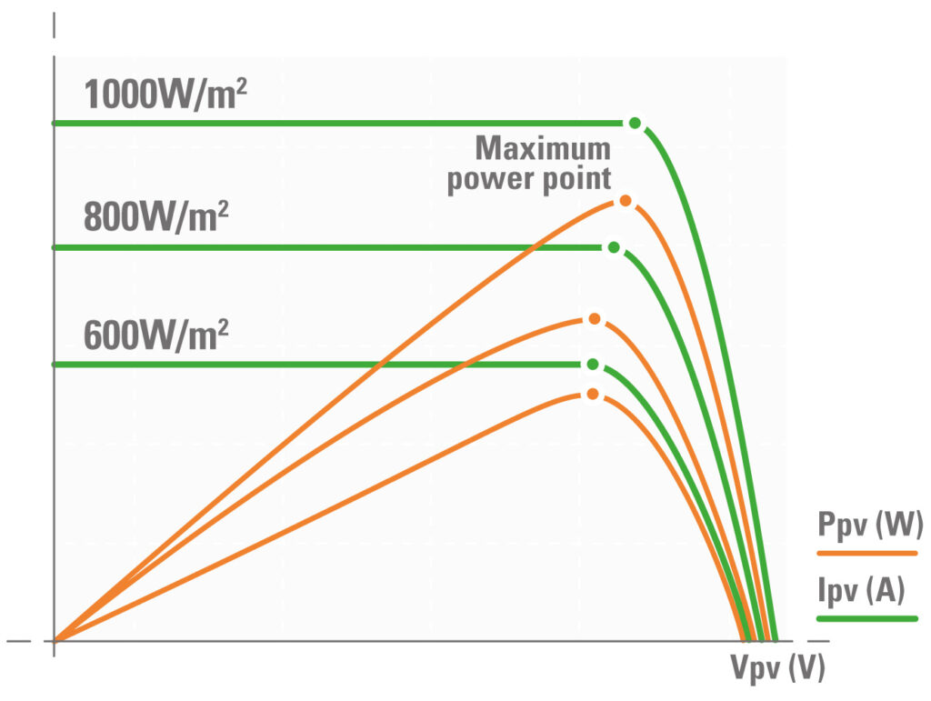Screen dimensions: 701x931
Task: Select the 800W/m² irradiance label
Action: [155, 218]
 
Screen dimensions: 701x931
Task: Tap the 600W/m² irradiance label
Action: [155, 335]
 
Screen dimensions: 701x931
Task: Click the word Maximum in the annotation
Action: [543, 148]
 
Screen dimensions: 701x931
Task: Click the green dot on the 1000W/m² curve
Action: [635, 123]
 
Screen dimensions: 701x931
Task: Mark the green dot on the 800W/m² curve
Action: [614, 247]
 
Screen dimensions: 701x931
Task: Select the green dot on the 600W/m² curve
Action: [593, 364]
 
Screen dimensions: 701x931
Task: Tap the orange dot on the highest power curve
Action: [625, 201]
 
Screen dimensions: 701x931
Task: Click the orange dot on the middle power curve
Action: [594, 319]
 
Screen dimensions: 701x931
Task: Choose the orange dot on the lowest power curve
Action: [593, 394]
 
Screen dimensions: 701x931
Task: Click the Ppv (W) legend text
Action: [870, 525]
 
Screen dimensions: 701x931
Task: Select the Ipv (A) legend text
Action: [861, 592]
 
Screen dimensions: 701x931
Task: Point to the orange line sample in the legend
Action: [866, 551]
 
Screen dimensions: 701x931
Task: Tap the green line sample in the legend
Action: [866, 618]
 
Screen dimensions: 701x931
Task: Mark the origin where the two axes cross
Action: [55, 640]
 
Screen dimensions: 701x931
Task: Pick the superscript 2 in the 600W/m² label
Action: [221, 325]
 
